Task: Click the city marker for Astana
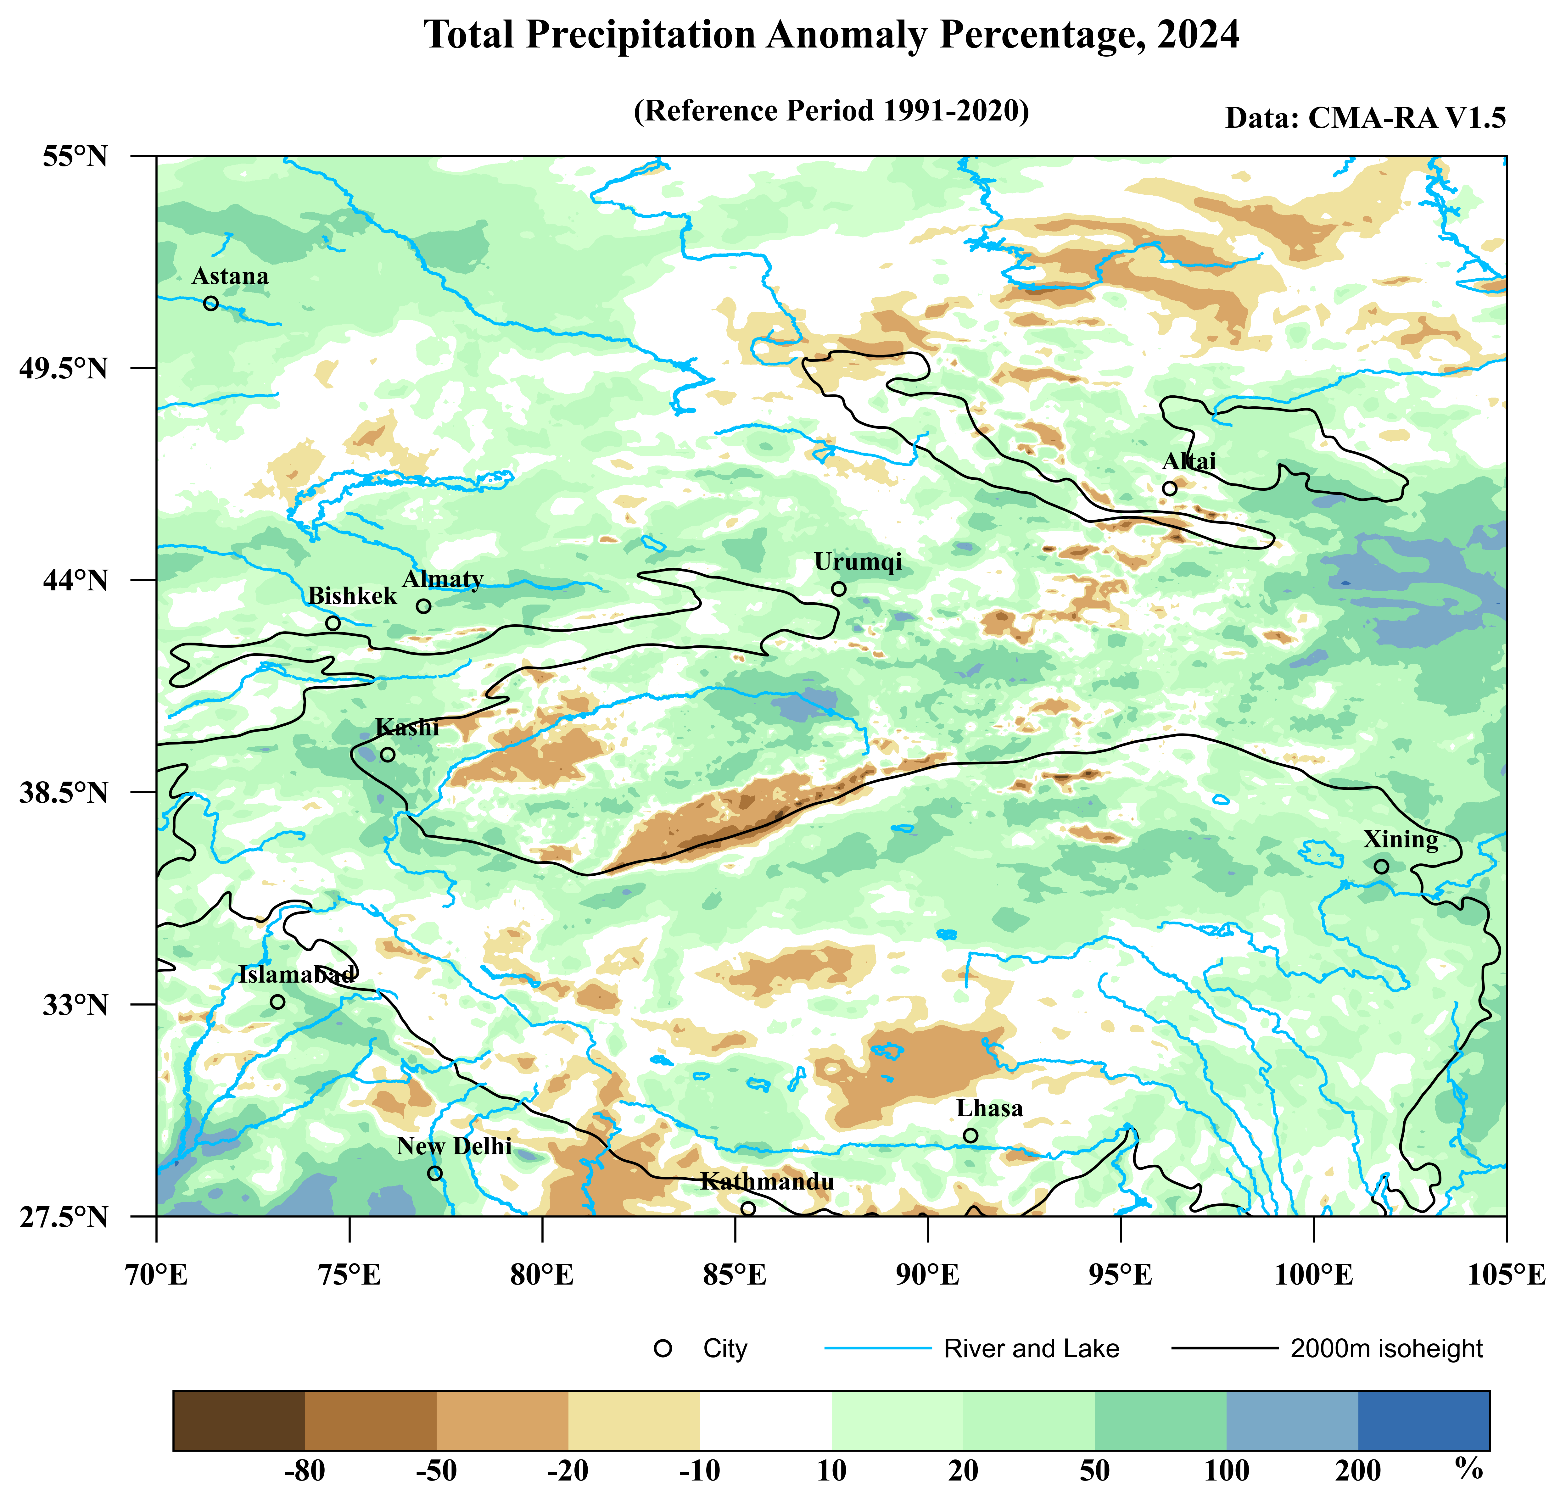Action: point(211,304)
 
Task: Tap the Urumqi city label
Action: point(858,562)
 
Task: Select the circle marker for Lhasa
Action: point(971,1135)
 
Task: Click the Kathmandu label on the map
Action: point(767,1182)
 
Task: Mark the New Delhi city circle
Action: point(435,1173)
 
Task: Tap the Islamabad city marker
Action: point(277,1002)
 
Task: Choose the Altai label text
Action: point(1189,461)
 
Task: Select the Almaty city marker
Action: point(423,606)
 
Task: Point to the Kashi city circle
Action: point(388,754)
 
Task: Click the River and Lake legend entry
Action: point(1031,1349)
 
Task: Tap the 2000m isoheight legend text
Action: point(1386,1349)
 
